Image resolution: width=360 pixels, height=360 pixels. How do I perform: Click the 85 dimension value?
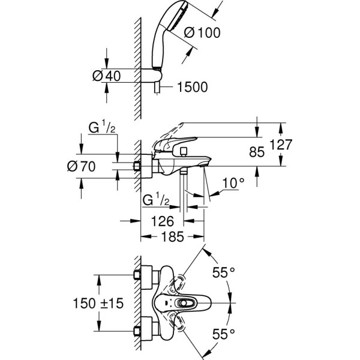click(256, 152)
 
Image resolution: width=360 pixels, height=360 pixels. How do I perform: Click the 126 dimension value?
click(161, 220)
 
